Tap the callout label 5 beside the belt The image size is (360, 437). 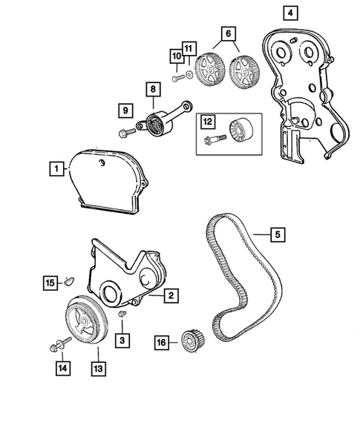[276, 235]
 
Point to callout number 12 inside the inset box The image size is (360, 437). [207, 122]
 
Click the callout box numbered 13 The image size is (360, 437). [97, 366]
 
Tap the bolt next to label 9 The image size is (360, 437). [124, 134]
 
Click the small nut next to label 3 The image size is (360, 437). [124, 318]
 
